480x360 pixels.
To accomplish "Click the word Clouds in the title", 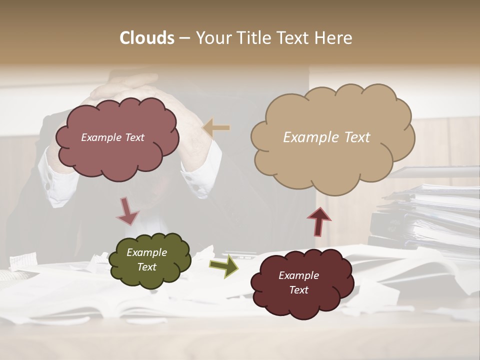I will click(146, 38).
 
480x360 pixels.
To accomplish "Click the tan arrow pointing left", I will click(216, 128).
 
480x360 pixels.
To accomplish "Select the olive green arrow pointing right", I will click(223, 265).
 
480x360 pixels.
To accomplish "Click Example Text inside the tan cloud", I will click(326, 137).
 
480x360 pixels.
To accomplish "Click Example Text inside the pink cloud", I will click(112, 137).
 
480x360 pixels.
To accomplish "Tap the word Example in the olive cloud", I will click(146, 252).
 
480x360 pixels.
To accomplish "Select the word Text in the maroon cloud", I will click(298, 290).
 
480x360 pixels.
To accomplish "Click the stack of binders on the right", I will click(430, 215).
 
